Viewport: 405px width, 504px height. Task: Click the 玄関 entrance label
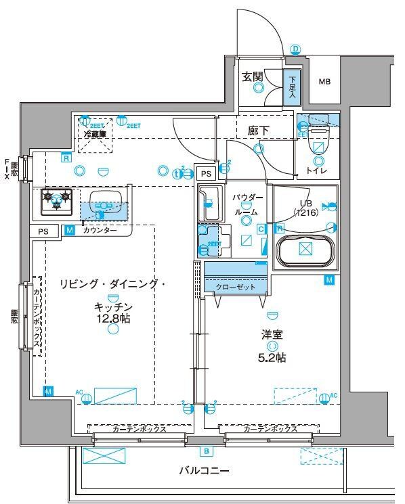pyautogui.click(x=253, y=76)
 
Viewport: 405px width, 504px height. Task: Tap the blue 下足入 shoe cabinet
pyautogui.click(x=291, y=87)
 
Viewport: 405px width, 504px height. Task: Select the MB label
pyautogui.click(x=325, y=82)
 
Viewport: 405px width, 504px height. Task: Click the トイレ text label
pyautogui.click(x=316, y=170)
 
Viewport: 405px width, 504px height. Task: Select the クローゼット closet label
pyautogui.click(x=236, y=287)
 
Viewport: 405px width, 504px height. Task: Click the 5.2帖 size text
pyautogui.click(x=274, y=357)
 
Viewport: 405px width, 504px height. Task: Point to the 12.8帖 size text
pyautogui.click(x=112, y=318)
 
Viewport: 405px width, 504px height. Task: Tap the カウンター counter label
pyautogui.click(x=100, y=231)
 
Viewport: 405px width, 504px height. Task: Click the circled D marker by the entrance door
pyautogui.click(x=295, y=49)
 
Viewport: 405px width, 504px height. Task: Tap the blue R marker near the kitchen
pyautogui.click(x=66, y=158)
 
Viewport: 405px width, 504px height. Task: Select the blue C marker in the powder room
pyautogui.click(x=261, y=229)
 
